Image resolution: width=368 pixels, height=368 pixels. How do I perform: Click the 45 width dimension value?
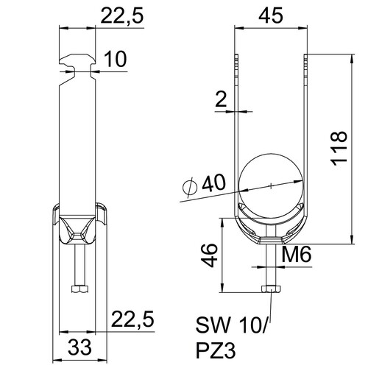coord(271,15)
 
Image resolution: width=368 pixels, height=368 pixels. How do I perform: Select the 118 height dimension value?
coord(339,149)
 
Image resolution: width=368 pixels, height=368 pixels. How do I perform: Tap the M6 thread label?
coord(297,254)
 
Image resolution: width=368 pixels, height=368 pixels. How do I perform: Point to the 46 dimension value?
coord(209,255)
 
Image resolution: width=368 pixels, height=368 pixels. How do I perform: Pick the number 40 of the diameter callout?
coord(213,183)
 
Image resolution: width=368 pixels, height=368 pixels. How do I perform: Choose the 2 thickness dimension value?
coord(221,99)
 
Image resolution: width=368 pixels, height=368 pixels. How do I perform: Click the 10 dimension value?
coord(116,59)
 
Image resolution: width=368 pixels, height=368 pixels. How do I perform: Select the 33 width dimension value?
coord(79,347)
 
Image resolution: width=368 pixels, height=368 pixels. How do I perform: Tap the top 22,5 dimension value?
coord(121,15)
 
